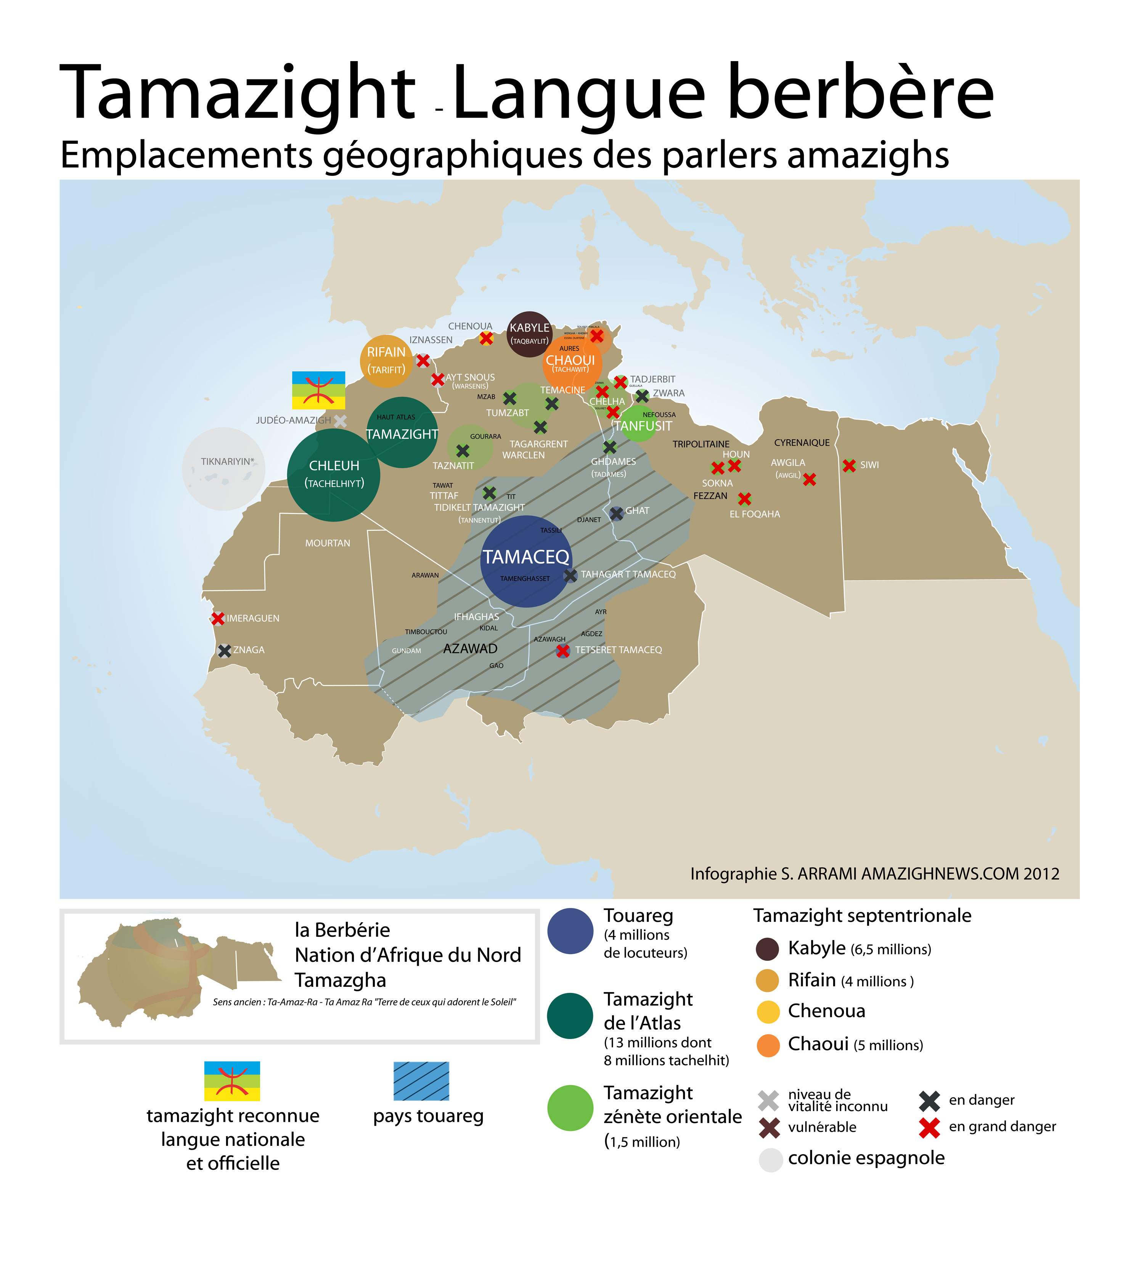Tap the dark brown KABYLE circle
[x=529, y=334]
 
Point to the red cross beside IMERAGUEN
[x=217, y=618]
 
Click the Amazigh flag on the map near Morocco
[x=319, y=390]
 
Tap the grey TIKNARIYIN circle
[x=224, y=469]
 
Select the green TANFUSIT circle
[x=639, y=423]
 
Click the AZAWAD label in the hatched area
[x=470, y=648]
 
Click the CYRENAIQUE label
[x=802, y=443]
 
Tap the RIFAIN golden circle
[x=386, y=361]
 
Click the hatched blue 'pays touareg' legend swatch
[x=421, y=1081]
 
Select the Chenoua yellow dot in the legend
[x=768, y=1011]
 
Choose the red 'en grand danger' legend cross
[x=929, y=1128]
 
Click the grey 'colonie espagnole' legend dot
[x=770, y=1160]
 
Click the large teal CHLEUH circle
[x=333, y=475]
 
